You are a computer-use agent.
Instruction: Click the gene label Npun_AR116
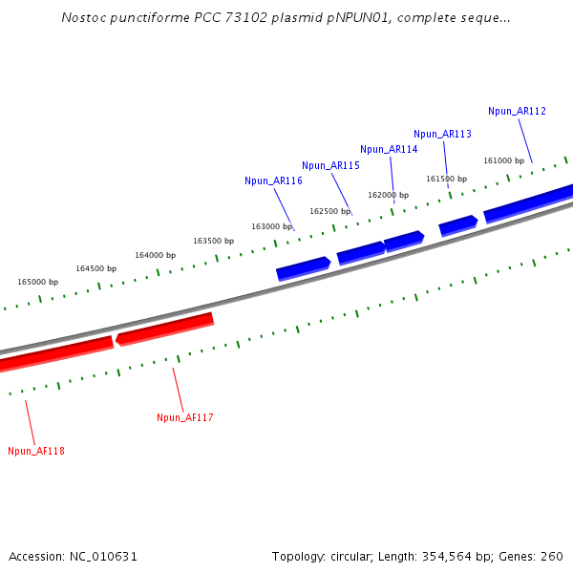coord(273,180)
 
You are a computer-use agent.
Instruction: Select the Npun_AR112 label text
coord(517,111)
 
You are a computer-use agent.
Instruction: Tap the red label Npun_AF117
coord(185,417)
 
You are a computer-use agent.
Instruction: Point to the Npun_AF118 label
coord(36,451)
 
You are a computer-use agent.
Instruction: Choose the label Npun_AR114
coord(389,149)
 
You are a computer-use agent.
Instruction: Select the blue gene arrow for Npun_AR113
coord(457,225)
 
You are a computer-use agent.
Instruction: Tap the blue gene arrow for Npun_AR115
coord(360,251)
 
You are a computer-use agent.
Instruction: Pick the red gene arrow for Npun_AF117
coord(164,328)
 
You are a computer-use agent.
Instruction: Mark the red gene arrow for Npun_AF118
coord(53,352)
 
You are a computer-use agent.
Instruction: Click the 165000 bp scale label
coord(38,282)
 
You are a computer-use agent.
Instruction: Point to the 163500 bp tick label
coord(213,241)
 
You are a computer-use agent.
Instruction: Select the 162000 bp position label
coord(389,195)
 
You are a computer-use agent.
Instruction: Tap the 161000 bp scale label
coord(503,160)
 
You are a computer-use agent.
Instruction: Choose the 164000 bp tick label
coord(155,255)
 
